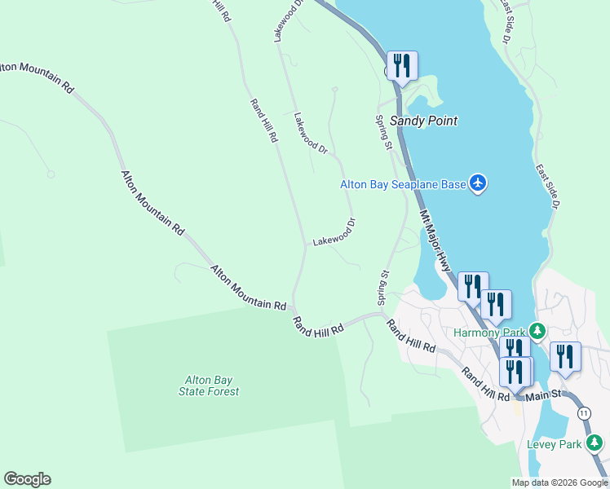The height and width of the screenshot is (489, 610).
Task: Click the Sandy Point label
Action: pyautogui.click(x=423, y=121)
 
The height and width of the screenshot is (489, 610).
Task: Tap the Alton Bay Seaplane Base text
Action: pyautogui.click(x=403, y=185)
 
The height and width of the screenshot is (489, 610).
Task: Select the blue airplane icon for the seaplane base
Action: pyautogui.click(x=478, y=184)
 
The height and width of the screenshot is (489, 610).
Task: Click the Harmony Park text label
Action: pyautogui.click(x=489, y=332)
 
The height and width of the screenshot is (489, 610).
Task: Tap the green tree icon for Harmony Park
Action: pyautogui.click(x=537, y=331)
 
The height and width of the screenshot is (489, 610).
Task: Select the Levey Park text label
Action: pyautogui.click(x=553, y=444)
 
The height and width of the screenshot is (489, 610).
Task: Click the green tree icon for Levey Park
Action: pyautogui.click(x=595, y=443)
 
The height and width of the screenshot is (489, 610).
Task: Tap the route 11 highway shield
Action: pyautogui.click(x=584, y=413)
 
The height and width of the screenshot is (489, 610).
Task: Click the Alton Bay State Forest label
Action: pyautogui.click(x=210, y=385)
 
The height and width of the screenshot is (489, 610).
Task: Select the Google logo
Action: pyautogui.click(x=27, y=479)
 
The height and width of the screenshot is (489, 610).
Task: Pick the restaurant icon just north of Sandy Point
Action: pyautogui.click(x=402, y=65)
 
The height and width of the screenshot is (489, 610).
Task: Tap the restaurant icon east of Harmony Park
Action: pyautogui.click(x=565, y=356)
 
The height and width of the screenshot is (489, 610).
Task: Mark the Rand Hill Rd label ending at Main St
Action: pyautogui.click(x=484, y=384)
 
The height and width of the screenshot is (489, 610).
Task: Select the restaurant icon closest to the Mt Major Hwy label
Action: pyautogui.click(x=472, y=286)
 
